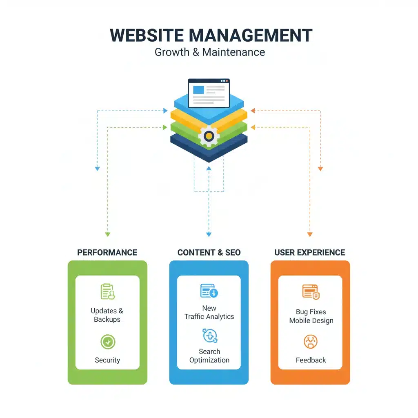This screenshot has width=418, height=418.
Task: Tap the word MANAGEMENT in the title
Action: point(251,36)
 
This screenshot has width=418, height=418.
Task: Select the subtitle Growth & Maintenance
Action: point(209,52)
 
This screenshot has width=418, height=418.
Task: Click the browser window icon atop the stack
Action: point(209,93)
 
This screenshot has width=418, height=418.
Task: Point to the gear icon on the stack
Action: point(209,136)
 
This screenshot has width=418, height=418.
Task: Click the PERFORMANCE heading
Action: point(107,252)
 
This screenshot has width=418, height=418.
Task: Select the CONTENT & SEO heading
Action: point(209,252)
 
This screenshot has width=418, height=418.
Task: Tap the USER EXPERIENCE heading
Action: point(310,252)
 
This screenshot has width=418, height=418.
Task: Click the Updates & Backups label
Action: point(107,315)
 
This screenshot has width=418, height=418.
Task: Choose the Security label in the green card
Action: point(107,360)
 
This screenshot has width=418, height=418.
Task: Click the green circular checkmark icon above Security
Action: point(108,342)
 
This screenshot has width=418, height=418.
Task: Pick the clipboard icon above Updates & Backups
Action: point(108,291)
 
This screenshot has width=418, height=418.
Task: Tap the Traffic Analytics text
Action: point(209,317)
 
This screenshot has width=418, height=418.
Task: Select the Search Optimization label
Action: point(209,356)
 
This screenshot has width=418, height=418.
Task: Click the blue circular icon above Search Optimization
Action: point(210,336)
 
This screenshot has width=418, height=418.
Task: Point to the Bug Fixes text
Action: point(311,312)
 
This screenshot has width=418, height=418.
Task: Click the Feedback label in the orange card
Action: point(311,360)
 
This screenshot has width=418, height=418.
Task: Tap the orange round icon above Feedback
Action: point(311,342)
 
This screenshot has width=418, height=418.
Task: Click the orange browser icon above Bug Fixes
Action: point(311,291)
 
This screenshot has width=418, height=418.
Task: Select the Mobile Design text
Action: point(311,320)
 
